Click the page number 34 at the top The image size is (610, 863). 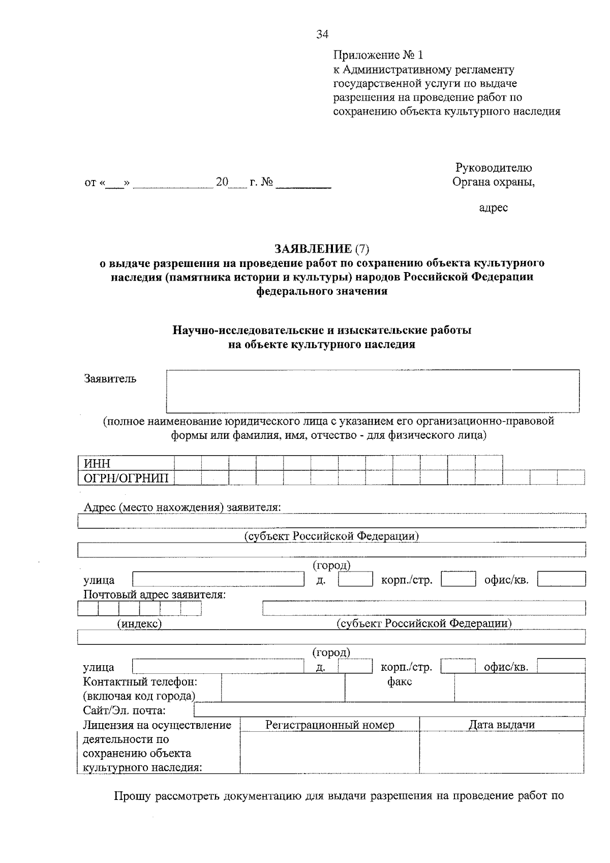click(322, 35)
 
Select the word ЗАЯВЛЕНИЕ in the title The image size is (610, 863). click(313, 249)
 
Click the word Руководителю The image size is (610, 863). click(494, 168)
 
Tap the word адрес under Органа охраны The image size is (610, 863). click(493, 207)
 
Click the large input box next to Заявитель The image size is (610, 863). click(373, 391)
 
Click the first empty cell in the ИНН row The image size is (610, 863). click(188, 463)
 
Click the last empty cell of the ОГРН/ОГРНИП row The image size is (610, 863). click(570, 478)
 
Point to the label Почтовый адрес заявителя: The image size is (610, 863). click(155, 594)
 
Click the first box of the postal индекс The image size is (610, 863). click(88, 608)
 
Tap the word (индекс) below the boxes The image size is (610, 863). click(140, 623)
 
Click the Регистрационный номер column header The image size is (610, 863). click(329, 725)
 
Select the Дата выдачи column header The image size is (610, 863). click(501, 725)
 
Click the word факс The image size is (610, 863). click(400, 681)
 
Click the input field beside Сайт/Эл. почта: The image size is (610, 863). click(389, 710)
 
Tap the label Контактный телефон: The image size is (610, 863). click(140, 681)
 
